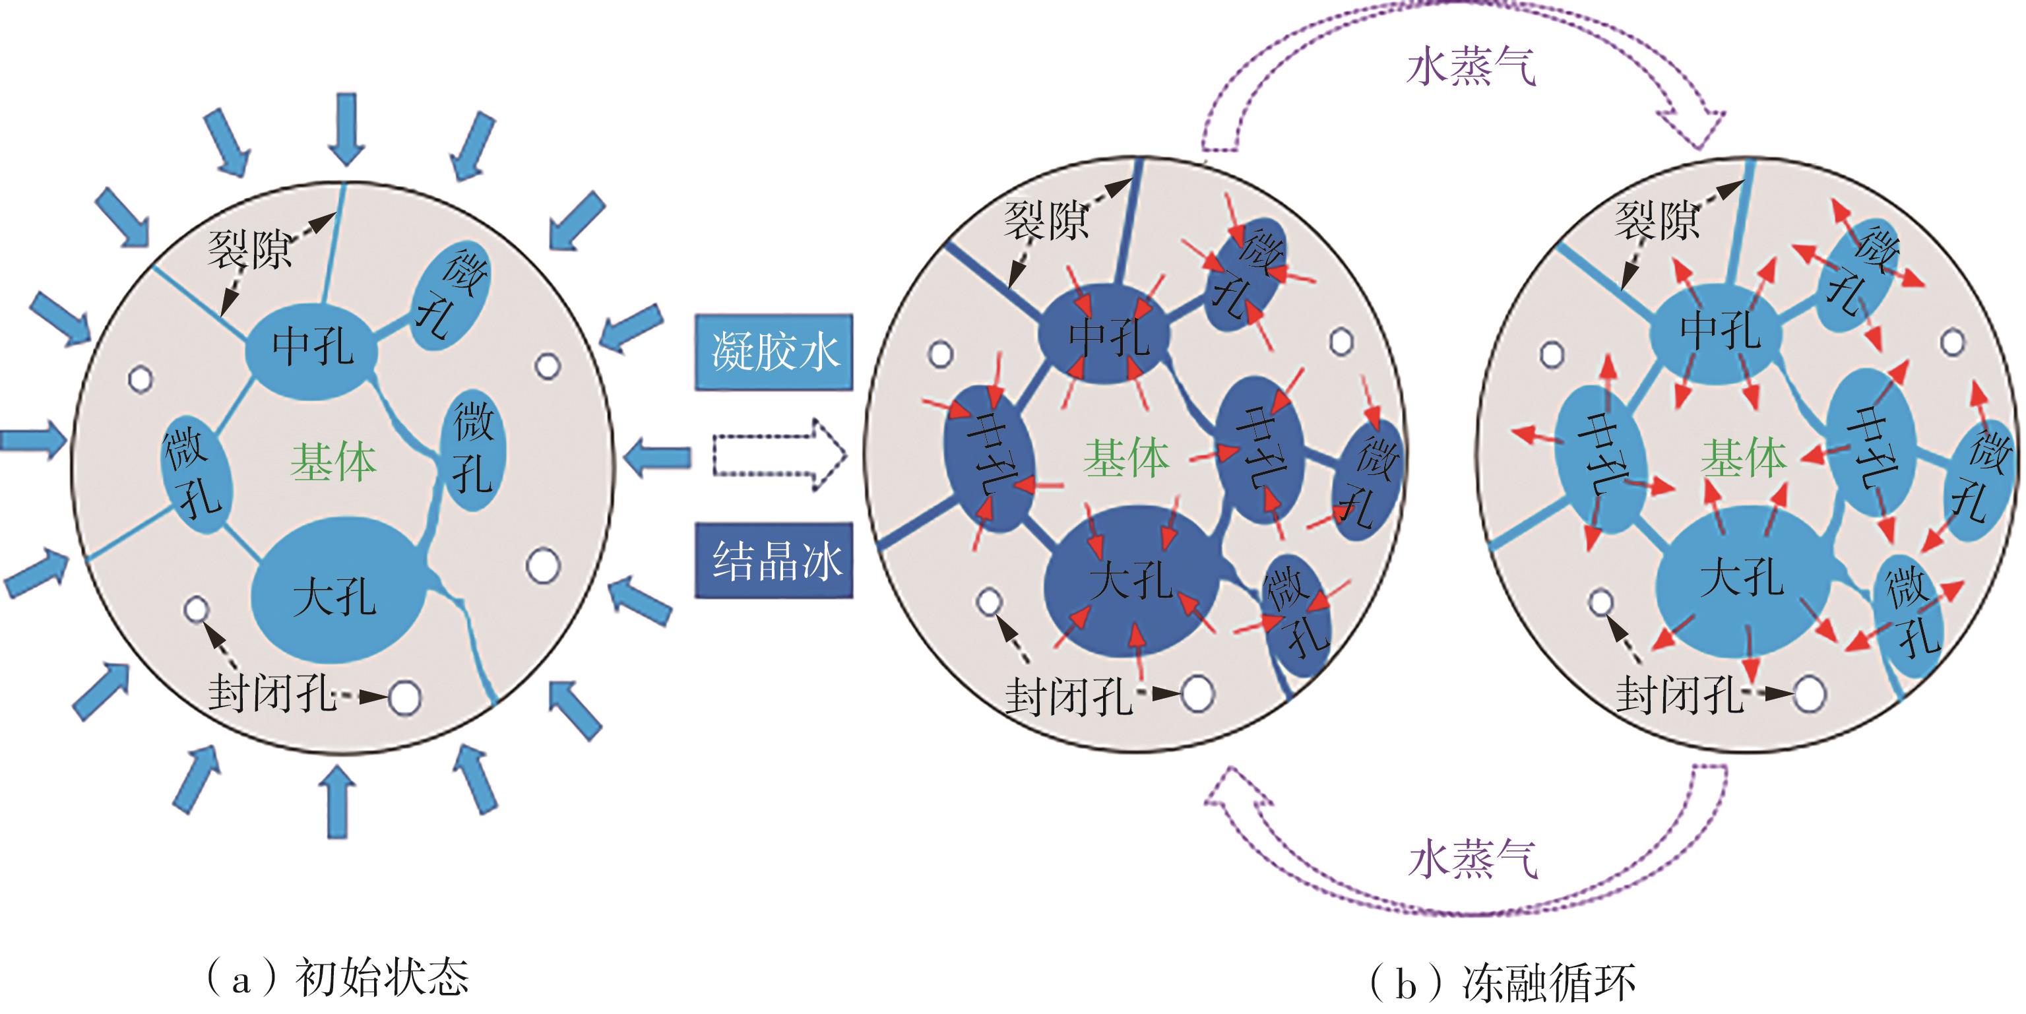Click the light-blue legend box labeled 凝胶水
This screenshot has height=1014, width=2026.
point(773,352)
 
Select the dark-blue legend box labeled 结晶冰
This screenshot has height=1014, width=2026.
point(774,561)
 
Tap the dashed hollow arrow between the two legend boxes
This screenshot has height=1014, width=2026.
point(778,455)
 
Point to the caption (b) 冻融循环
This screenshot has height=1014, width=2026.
point(1502,982)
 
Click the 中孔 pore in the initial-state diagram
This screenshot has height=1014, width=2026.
point(313,346)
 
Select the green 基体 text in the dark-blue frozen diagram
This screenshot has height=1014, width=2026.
point(1126,459)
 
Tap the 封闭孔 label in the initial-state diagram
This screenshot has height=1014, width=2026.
point(272,694)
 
